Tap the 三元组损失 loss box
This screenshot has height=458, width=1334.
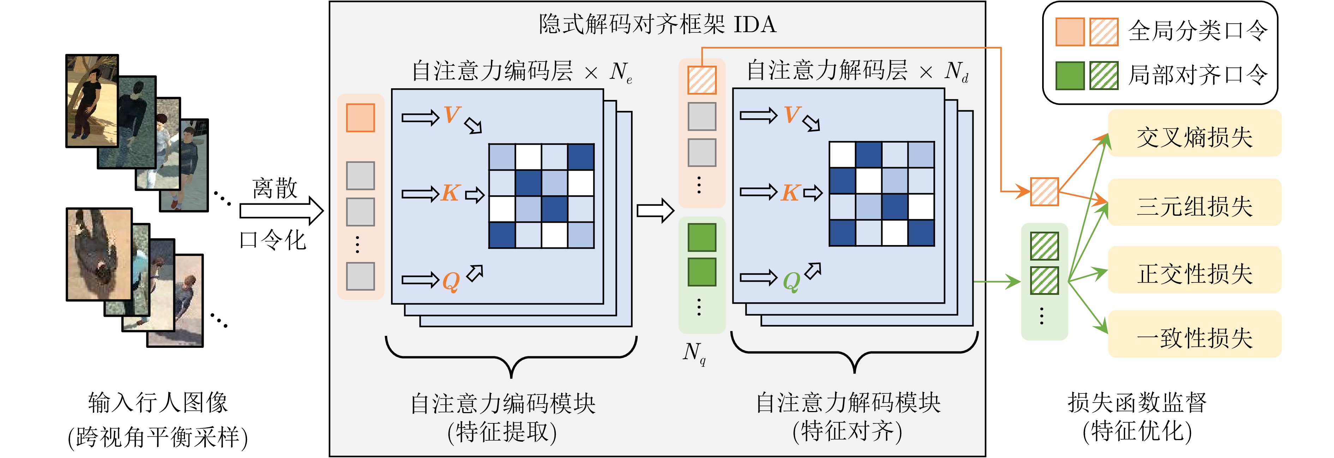point(1194,206)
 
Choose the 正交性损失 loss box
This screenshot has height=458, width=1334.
point(1194,273)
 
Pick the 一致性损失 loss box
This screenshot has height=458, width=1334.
point(1194,337)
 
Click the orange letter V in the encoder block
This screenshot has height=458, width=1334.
point(452,115)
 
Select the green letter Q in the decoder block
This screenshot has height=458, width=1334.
point(791,281)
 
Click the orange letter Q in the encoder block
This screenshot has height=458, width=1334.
point(451,281)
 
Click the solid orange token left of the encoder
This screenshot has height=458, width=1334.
point(360,118)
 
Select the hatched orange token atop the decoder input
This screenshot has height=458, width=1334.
point(702,80)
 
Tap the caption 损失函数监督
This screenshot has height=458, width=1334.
point(1137,402)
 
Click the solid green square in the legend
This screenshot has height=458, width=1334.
point(1070,76)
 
